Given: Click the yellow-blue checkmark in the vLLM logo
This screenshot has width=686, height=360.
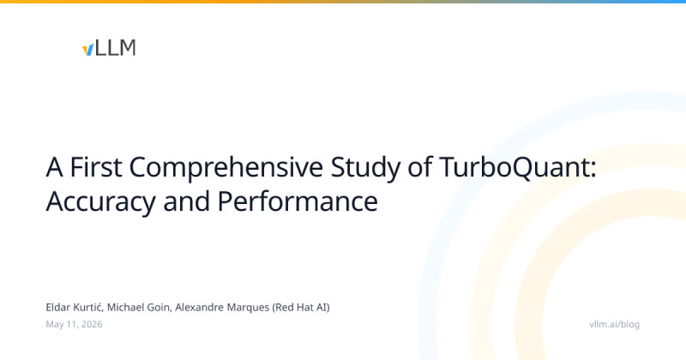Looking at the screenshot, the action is [88, 50].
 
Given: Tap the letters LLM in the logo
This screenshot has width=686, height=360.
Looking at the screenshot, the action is [116, 48].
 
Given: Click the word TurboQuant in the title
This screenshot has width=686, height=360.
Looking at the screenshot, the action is [514, 168].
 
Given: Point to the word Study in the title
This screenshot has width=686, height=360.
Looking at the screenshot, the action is [365, 168].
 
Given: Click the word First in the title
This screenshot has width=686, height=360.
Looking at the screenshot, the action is [96, 167].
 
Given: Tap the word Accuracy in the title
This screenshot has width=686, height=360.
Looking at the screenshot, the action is [100, 202].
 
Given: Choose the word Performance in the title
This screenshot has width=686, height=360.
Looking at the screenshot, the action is [298, 201].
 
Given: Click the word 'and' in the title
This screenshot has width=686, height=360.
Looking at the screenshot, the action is [186, 201].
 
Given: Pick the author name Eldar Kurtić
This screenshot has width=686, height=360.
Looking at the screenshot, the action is [75, 308].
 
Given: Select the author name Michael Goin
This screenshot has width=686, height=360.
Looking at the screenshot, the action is [139, 308].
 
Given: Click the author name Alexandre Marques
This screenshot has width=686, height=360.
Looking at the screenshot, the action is [222, 308].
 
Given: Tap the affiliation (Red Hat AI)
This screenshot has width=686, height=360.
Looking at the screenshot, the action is [301, 308].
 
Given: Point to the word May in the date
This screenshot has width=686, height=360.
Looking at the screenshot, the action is [55, 325].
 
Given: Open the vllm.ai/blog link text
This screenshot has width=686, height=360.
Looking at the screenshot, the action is [614, 325].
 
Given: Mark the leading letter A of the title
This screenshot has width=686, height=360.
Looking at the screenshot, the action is [54, 167].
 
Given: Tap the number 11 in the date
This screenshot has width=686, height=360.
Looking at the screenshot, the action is [72, 324].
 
